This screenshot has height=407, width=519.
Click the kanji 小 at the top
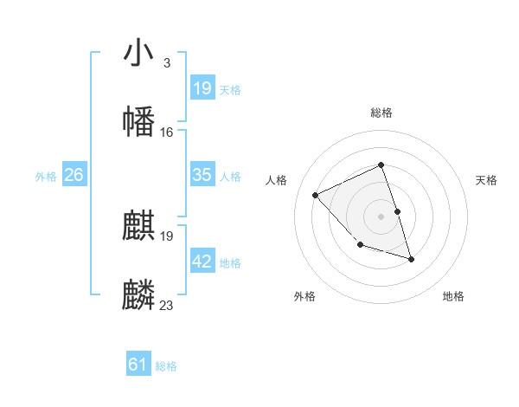[139, 53]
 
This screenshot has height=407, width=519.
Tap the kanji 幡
[139, 120]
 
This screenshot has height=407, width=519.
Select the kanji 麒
[139, 226]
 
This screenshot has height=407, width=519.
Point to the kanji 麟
[139, 294]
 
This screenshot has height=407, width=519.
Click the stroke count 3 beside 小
[166, 63]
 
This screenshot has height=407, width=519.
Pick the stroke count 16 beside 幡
[167, 132]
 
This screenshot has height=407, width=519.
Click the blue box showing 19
[202, 88]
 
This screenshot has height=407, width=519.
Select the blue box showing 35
[202, 175]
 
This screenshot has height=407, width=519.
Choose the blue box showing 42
[202, 262]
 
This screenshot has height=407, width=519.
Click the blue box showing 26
[74, 175]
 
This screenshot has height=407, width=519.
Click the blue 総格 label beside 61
[166, 366]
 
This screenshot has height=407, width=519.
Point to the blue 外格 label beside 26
[46, 177]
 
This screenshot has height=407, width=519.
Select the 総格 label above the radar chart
[381, 113]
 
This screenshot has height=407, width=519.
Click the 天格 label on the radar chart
[487, 180]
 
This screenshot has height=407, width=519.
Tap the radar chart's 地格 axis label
[453, 296]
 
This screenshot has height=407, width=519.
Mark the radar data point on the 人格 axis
[316, 195]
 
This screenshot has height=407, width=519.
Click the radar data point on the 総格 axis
[381, 165]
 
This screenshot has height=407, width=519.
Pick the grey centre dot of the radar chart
[381, 216]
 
